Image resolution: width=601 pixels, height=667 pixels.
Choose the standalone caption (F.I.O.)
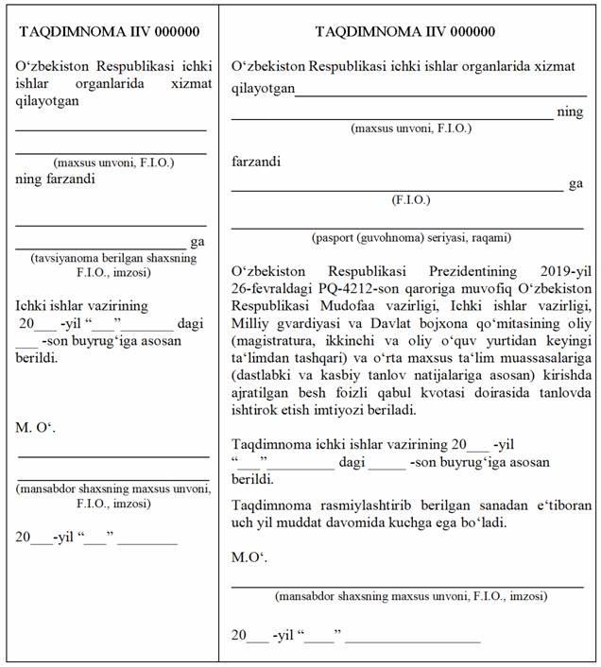[x=410, y=200]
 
